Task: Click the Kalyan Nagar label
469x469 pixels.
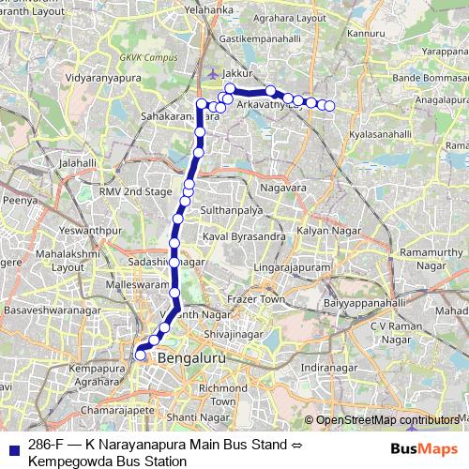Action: (322, 230)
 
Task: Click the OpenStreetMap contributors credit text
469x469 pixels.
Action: (387, 420)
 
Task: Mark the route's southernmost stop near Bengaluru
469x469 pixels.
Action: (141, 355)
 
